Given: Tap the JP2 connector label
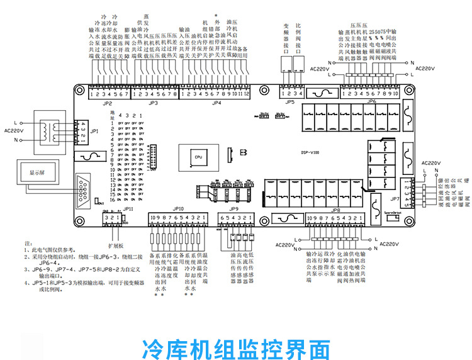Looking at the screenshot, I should [x=108, y=103].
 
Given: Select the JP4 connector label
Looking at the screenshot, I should [x=217, y=103].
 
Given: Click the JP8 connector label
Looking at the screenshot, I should [x=336, y=210].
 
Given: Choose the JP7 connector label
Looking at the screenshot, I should [x=395, y=199].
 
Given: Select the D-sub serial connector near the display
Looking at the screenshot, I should [x=84, y=187].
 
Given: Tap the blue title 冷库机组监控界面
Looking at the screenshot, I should [x=236, y=346].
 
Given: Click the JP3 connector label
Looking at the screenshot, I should [x=153, y=103].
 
